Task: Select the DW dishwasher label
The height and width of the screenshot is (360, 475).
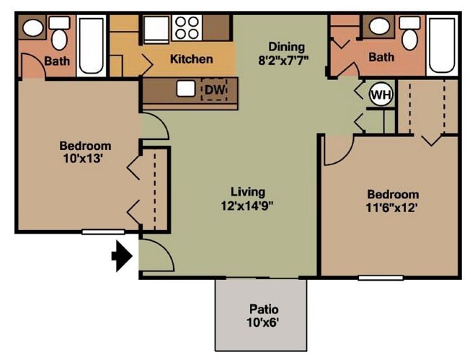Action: click(x=215, y=89)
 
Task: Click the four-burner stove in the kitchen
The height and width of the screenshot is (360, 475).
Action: click(x=186, y=27)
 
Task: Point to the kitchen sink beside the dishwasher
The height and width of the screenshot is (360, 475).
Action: click(x=185, y=89)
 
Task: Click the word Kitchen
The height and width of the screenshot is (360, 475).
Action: click(x=191, y=59)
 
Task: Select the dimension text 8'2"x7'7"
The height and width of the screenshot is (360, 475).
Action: click(x=283, y=60)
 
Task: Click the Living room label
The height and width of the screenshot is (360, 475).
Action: click(x=247, y=192)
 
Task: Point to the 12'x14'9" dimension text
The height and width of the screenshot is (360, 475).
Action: click(x=247, y=205)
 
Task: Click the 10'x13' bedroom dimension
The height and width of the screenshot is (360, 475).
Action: click(x=84, y=159)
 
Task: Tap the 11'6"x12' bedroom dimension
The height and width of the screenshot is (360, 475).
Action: click(x=393, y=208)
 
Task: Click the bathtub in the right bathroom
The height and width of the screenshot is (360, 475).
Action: click(x=440, y=41)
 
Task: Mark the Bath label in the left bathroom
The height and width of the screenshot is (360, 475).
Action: click(x=58, y=61)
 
